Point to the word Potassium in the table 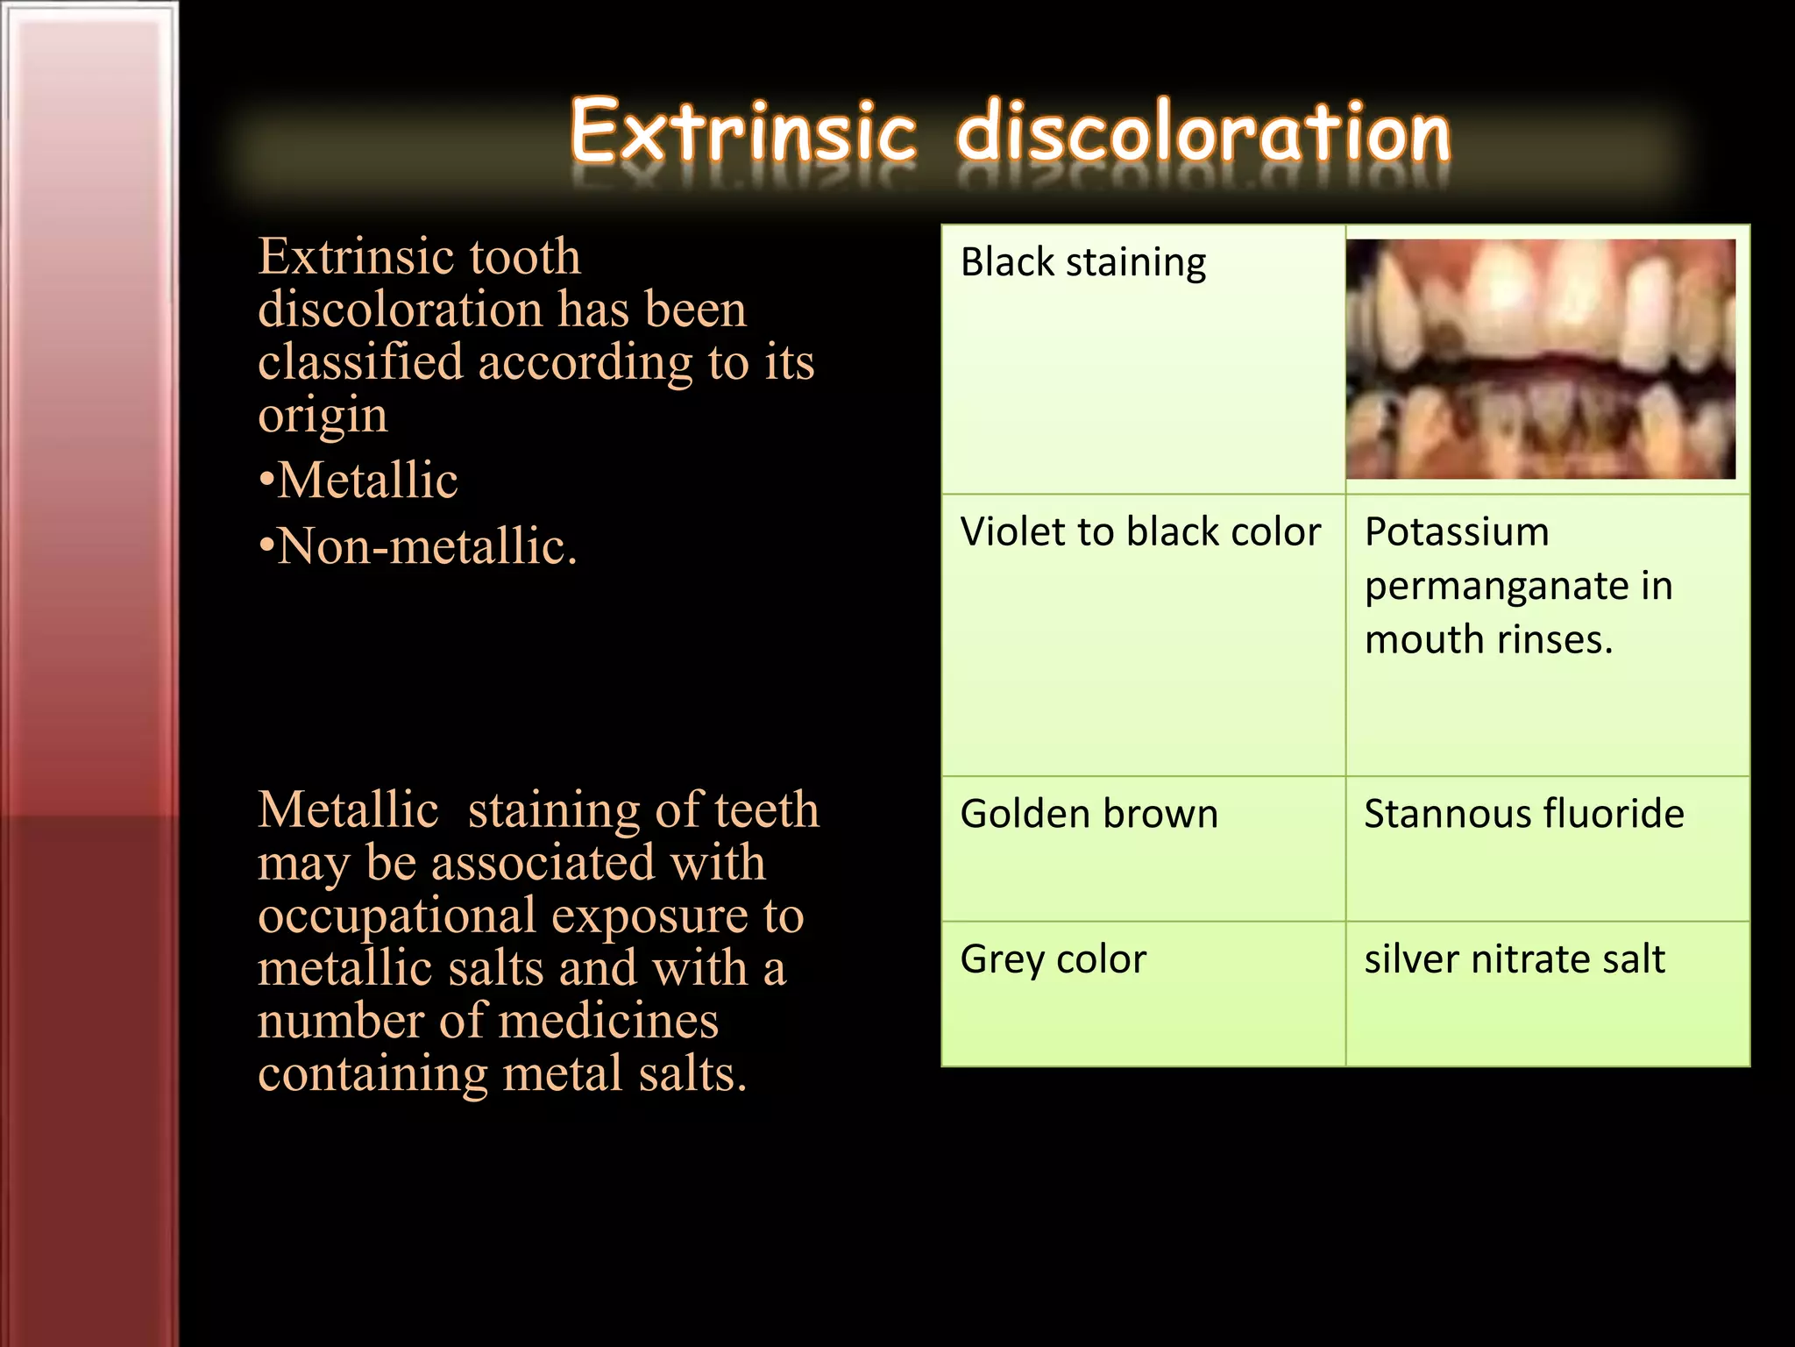click(x=1457, y=532)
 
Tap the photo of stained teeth click(x=1541, y=359)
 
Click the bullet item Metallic click(x=366, y=481)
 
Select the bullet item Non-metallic click(x=426, y=546)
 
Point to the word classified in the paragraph click(x=360, y=361)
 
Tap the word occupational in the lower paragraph click(x=396, y=916)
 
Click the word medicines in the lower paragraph click(x=607, y=1021)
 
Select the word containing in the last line click(x=372, y=1073)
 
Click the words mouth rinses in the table click(x=1488, y=640)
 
